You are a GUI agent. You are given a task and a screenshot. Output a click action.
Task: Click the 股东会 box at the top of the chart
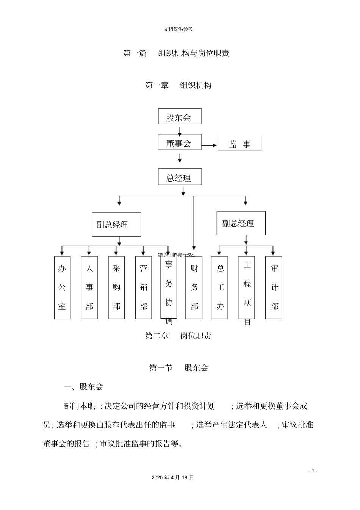click(180, 116)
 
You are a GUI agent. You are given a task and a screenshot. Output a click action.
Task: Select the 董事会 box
click(180, 142)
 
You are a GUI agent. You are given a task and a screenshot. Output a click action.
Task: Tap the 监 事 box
click(239, 143)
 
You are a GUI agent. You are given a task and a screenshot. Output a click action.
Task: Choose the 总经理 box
click(180, 177)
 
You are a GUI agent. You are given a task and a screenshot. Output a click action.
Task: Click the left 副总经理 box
click(116, 224)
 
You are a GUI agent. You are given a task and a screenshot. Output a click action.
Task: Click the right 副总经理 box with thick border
click(241, 223)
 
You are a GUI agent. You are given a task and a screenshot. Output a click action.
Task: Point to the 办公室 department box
click(62, 287)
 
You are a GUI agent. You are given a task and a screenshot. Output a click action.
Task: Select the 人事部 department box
click(89, 287)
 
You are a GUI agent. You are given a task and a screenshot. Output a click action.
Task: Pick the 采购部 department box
click(116, 287)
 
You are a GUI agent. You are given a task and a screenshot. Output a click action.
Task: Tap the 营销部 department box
click(144, 287)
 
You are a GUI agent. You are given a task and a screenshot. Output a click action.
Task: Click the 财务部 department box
click(194, 287)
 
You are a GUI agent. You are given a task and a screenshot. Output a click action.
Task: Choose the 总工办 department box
click(219, 287)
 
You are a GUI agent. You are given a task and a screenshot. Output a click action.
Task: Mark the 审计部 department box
click(274, 287)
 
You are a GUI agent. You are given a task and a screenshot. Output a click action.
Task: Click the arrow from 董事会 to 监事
click(209, 145)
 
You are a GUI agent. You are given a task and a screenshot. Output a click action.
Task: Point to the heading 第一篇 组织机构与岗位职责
click(176, 53)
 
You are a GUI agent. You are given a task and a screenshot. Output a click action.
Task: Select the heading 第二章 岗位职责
click(178, 336)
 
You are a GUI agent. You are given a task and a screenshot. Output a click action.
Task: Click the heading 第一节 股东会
click(178, 367)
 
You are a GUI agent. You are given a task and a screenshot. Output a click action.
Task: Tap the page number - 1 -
click(313, 471)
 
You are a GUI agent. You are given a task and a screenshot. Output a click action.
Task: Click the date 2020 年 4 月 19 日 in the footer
click(172, 478)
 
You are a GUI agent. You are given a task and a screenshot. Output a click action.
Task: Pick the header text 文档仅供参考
click(178, 29)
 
